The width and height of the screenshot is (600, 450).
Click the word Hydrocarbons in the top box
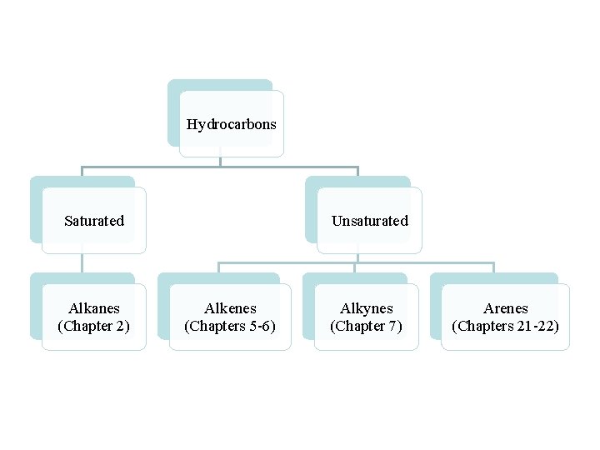232,125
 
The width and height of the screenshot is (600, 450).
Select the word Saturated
94,221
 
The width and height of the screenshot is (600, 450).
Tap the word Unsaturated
370,221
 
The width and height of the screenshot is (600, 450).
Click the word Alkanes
94,308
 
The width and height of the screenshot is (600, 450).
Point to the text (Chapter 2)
93,326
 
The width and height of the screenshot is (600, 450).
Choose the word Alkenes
230,308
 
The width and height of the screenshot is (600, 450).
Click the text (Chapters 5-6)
229,326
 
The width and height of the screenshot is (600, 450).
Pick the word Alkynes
367,308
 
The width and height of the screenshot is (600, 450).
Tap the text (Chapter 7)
366,326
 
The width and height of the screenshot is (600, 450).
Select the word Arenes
506,308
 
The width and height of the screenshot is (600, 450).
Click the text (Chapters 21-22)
505,326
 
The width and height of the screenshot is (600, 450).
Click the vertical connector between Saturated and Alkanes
82,262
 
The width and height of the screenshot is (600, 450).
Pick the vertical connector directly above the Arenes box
494,267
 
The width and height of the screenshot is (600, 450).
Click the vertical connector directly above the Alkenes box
219,267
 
